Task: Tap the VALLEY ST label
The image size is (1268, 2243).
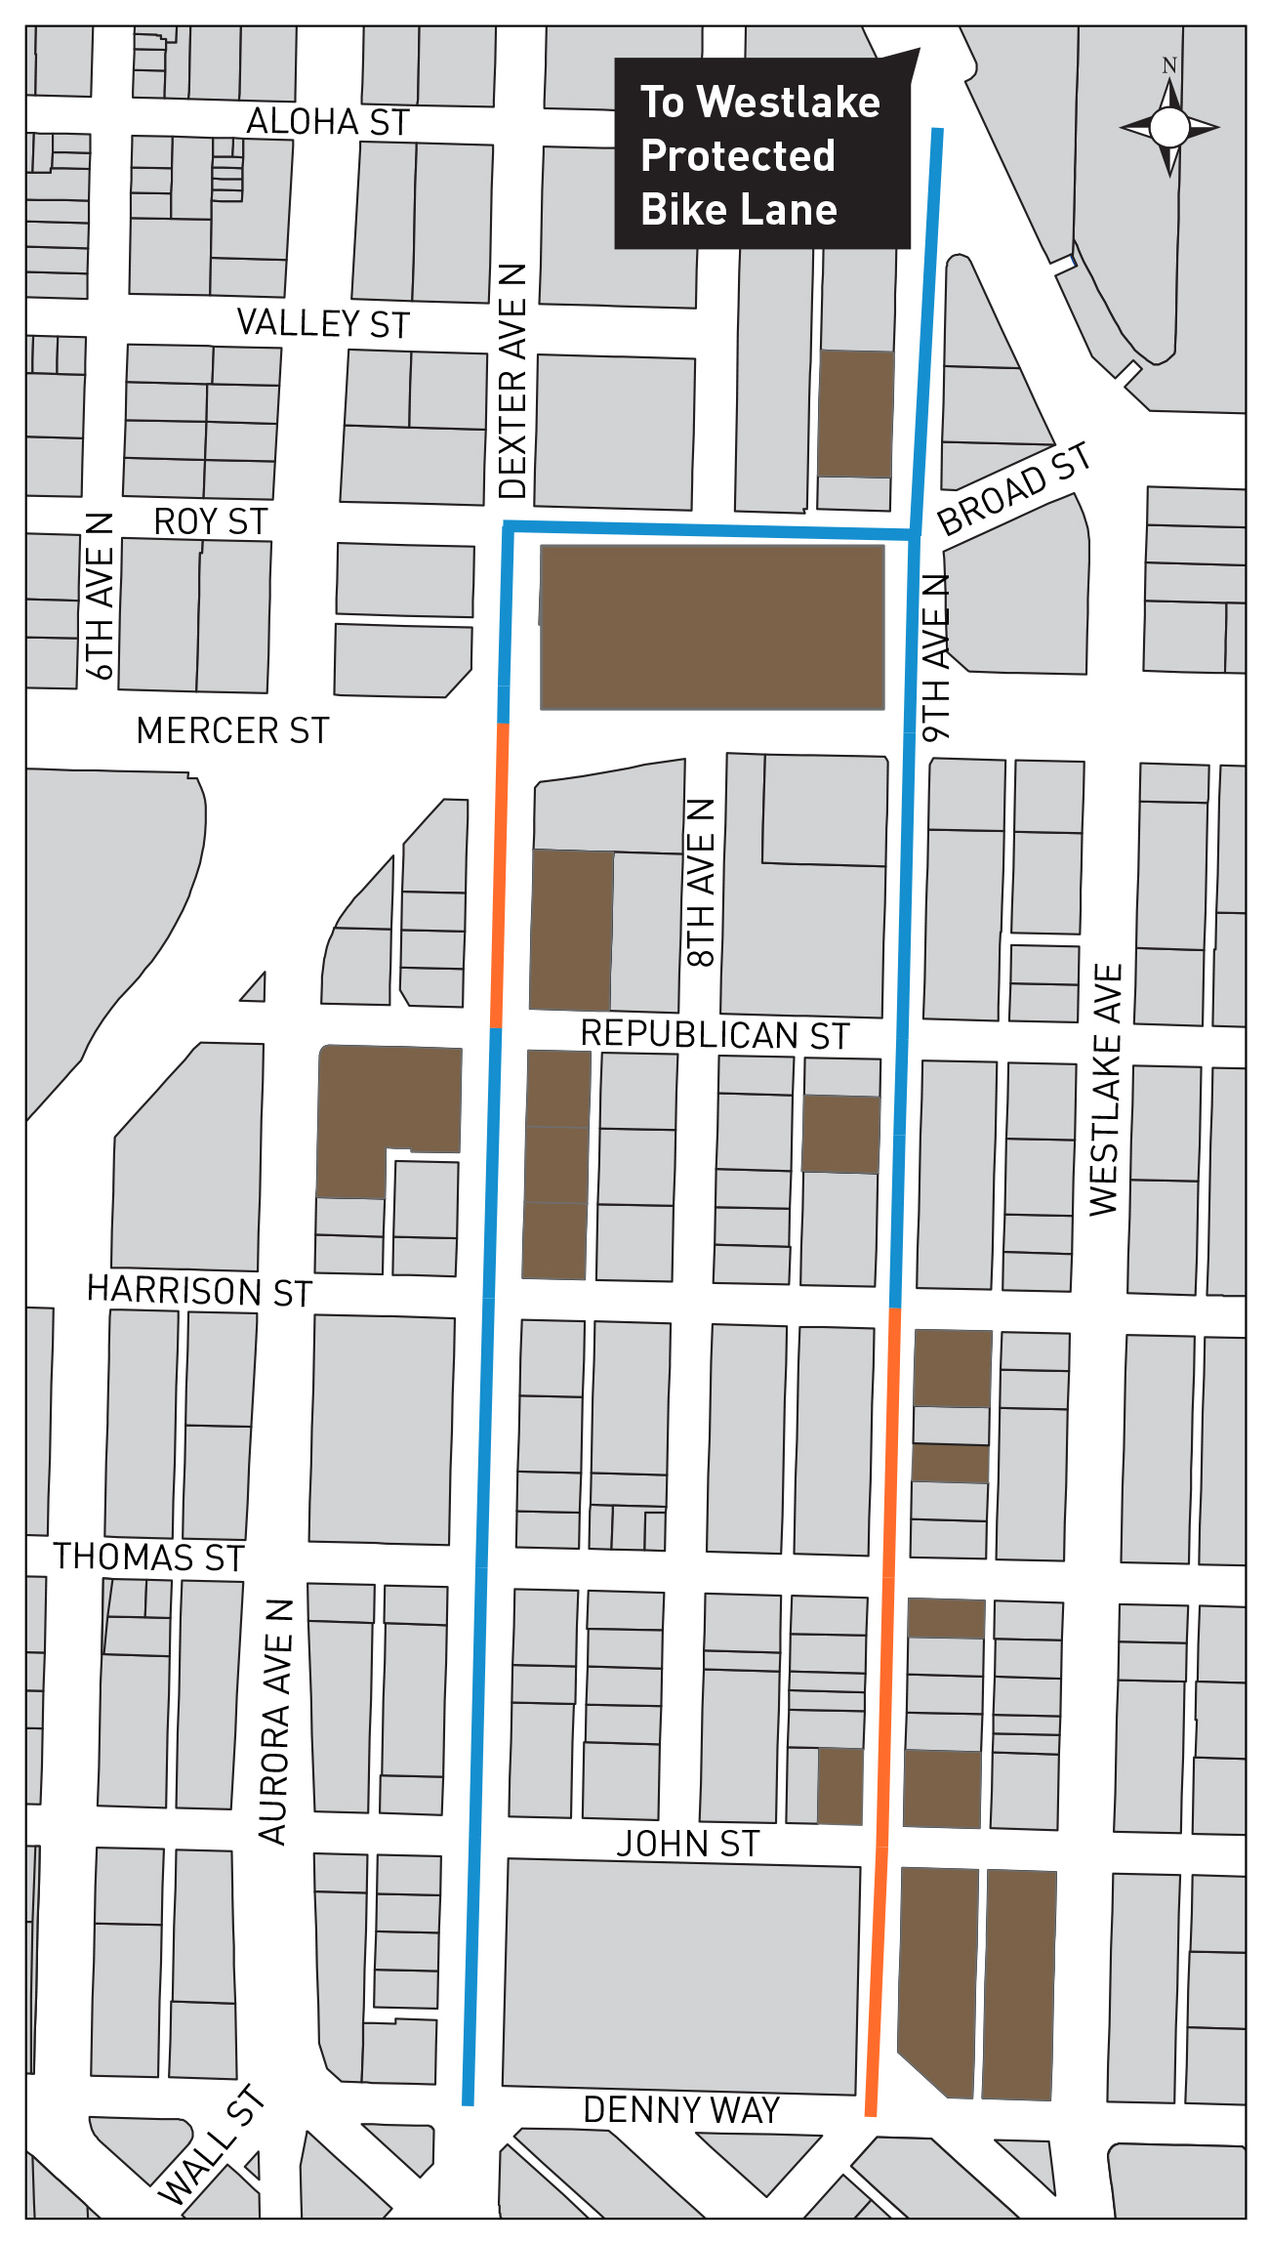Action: tap(323, 323)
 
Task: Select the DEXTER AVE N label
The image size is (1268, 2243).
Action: tap(512, 381)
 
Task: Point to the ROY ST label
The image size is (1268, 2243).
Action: tap(210, 521)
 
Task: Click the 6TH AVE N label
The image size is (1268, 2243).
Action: tap(100, 596)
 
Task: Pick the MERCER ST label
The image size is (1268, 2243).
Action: tap(232, 730)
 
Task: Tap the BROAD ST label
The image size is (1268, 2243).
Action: tap(1013, 488)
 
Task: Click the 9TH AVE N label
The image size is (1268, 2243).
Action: tap(935, 657)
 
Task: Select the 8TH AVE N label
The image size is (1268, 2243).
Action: tap(701, 883)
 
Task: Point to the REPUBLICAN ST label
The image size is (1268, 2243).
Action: tap(715, 1034)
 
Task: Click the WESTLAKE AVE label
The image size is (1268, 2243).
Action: tap(1105, 1090)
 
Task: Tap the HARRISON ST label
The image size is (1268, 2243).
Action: tap(199, 1290)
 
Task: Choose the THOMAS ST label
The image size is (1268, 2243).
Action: tap(148, 1557)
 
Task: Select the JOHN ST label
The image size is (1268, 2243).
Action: tap(687, 1844)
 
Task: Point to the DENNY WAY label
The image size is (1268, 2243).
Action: tap(680, 2109)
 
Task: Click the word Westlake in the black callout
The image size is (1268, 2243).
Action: tap(788, 103)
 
